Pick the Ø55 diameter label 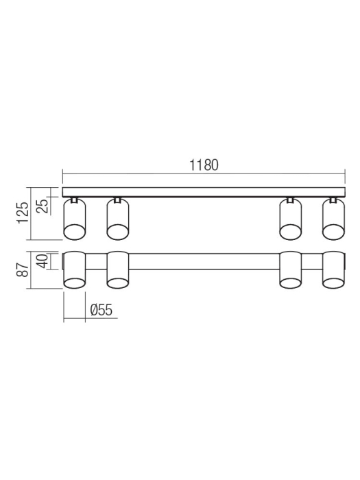pyautogui.click(x=101, y=310)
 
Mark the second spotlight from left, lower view pyautogui.click(x=118, y=271)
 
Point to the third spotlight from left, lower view pyautogui.click(x=291, y=271)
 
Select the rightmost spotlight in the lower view pyautogui.click(x=333, y=271)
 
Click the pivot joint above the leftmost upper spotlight pyautogui.click(x=74, y=200)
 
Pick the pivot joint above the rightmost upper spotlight pyautogui.click(x=333, y=200)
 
